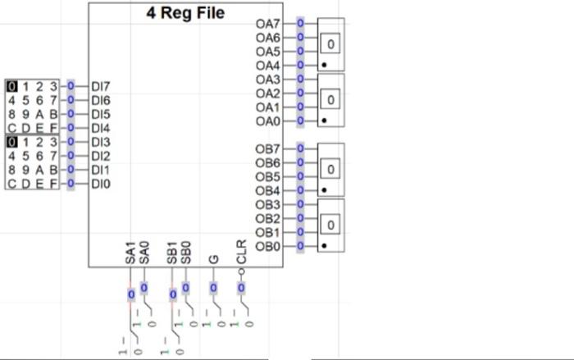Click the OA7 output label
click(x=268, y=24)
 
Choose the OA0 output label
click(x=268, y=121)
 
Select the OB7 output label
click(x=268, y=148)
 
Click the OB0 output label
click(x=268, y=245)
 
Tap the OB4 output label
click(x=268, y=190)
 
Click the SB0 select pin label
click(x=185, y=253)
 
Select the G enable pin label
click(x=213, y=259)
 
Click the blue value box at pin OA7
click(x=300, y=23)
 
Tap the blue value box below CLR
click(x=241, y=288)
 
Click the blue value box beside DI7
click(x=71, y=86)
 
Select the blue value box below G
click(x=213, y=288)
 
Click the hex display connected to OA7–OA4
click(x=330, y=43)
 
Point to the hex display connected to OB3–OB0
click(x=330, y=224)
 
